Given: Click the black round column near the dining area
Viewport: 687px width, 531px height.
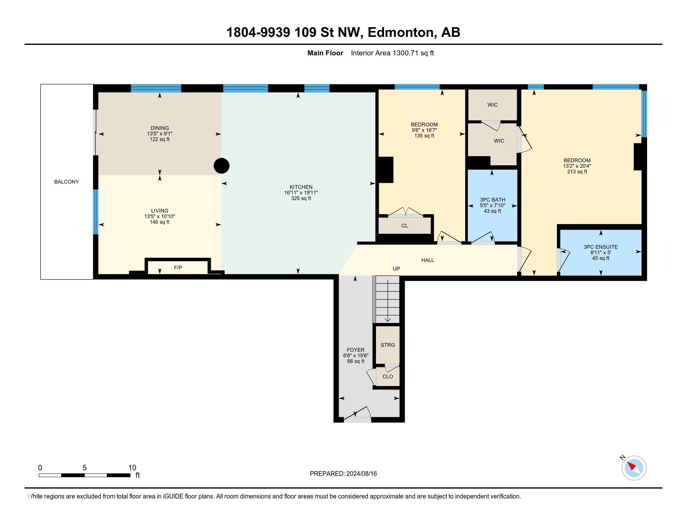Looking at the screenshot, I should tap(221, 166).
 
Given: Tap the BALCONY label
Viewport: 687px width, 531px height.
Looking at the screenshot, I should tap(67, 182).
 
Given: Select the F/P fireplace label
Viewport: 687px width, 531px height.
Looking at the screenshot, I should tap(178, 268).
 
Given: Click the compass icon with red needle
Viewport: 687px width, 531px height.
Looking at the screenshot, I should tap(634, 468).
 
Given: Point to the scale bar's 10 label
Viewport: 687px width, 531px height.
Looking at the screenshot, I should tap(132, 468).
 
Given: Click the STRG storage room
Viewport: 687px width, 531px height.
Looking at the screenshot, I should tap(388, 345).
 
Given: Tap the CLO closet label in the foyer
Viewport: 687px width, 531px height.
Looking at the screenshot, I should tap(388, 377).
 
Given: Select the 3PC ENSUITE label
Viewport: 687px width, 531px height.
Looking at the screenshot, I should tap(601, 247).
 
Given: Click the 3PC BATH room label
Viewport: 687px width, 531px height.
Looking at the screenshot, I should tap(492, 200).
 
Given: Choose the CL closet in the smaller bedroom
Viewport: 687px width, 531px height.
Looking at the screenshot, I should tap(404, 226).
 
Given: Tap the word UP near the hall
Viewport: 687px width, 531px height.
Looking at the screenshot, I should tap(396, 269).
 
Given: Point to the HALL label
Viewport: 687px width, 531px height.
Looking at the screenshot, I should tap(428, 260).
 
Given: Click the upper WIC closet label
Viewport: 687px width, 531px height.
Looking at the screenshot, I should tap(492, 105).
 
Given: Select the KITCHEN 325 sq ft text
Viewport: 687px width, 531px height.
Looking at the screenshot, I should tap(301, 198).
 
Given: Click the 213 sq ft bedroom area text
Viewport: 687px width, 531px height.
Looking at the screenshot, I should tap(577, 172).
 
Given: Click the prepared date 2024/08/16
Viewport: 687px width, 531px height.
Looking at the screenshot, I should tap(361, 474).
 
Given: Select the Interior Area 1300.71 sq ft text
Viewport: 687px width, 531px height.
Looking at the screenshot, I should tap(392, 53).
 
